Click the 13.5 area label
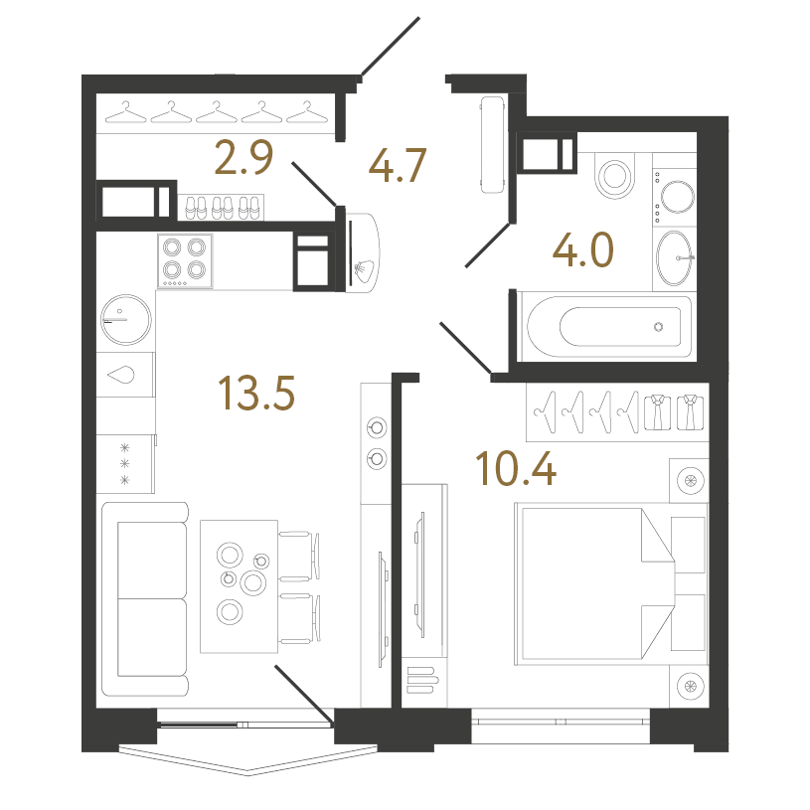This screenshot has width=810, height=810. (x=256, y=393)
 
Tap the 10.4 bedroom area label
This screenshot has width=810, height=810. (x=516, y=468)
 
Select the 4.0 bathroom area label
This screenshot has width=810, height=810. (x=582, y=249)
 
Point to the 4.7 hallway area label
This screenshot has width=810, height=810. (x=398, y=165)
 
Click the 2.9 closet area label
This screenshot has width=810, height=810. (x=243, y=157)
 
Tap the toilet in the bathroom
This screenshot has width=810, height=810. (x=615, y=175)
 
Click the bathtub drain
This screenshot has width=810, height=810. (x=658, y=326)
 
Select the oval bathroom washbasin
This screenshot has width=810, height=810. (x=674, y=257)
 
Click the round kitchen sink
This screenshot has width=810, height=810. (x=126, y=319)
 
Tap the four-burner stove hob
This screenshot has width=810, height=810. (x=185, y=260)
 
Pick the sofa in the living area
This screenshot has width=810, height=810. (x=145, y=599)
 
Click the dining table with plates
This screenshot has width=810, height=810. (x=240, y=586)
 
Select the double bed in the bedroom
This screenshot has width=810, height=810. (x=594, y=583)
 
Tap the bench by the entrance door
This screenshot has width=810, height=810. (x=492, y=145)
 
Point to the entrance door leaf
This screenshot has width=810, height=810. (x=391, y=47)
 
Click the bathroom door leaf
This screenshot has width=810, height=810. (x=488, y=244)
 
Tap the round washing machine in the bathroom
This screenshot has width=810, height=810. (x=678, y=197)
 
